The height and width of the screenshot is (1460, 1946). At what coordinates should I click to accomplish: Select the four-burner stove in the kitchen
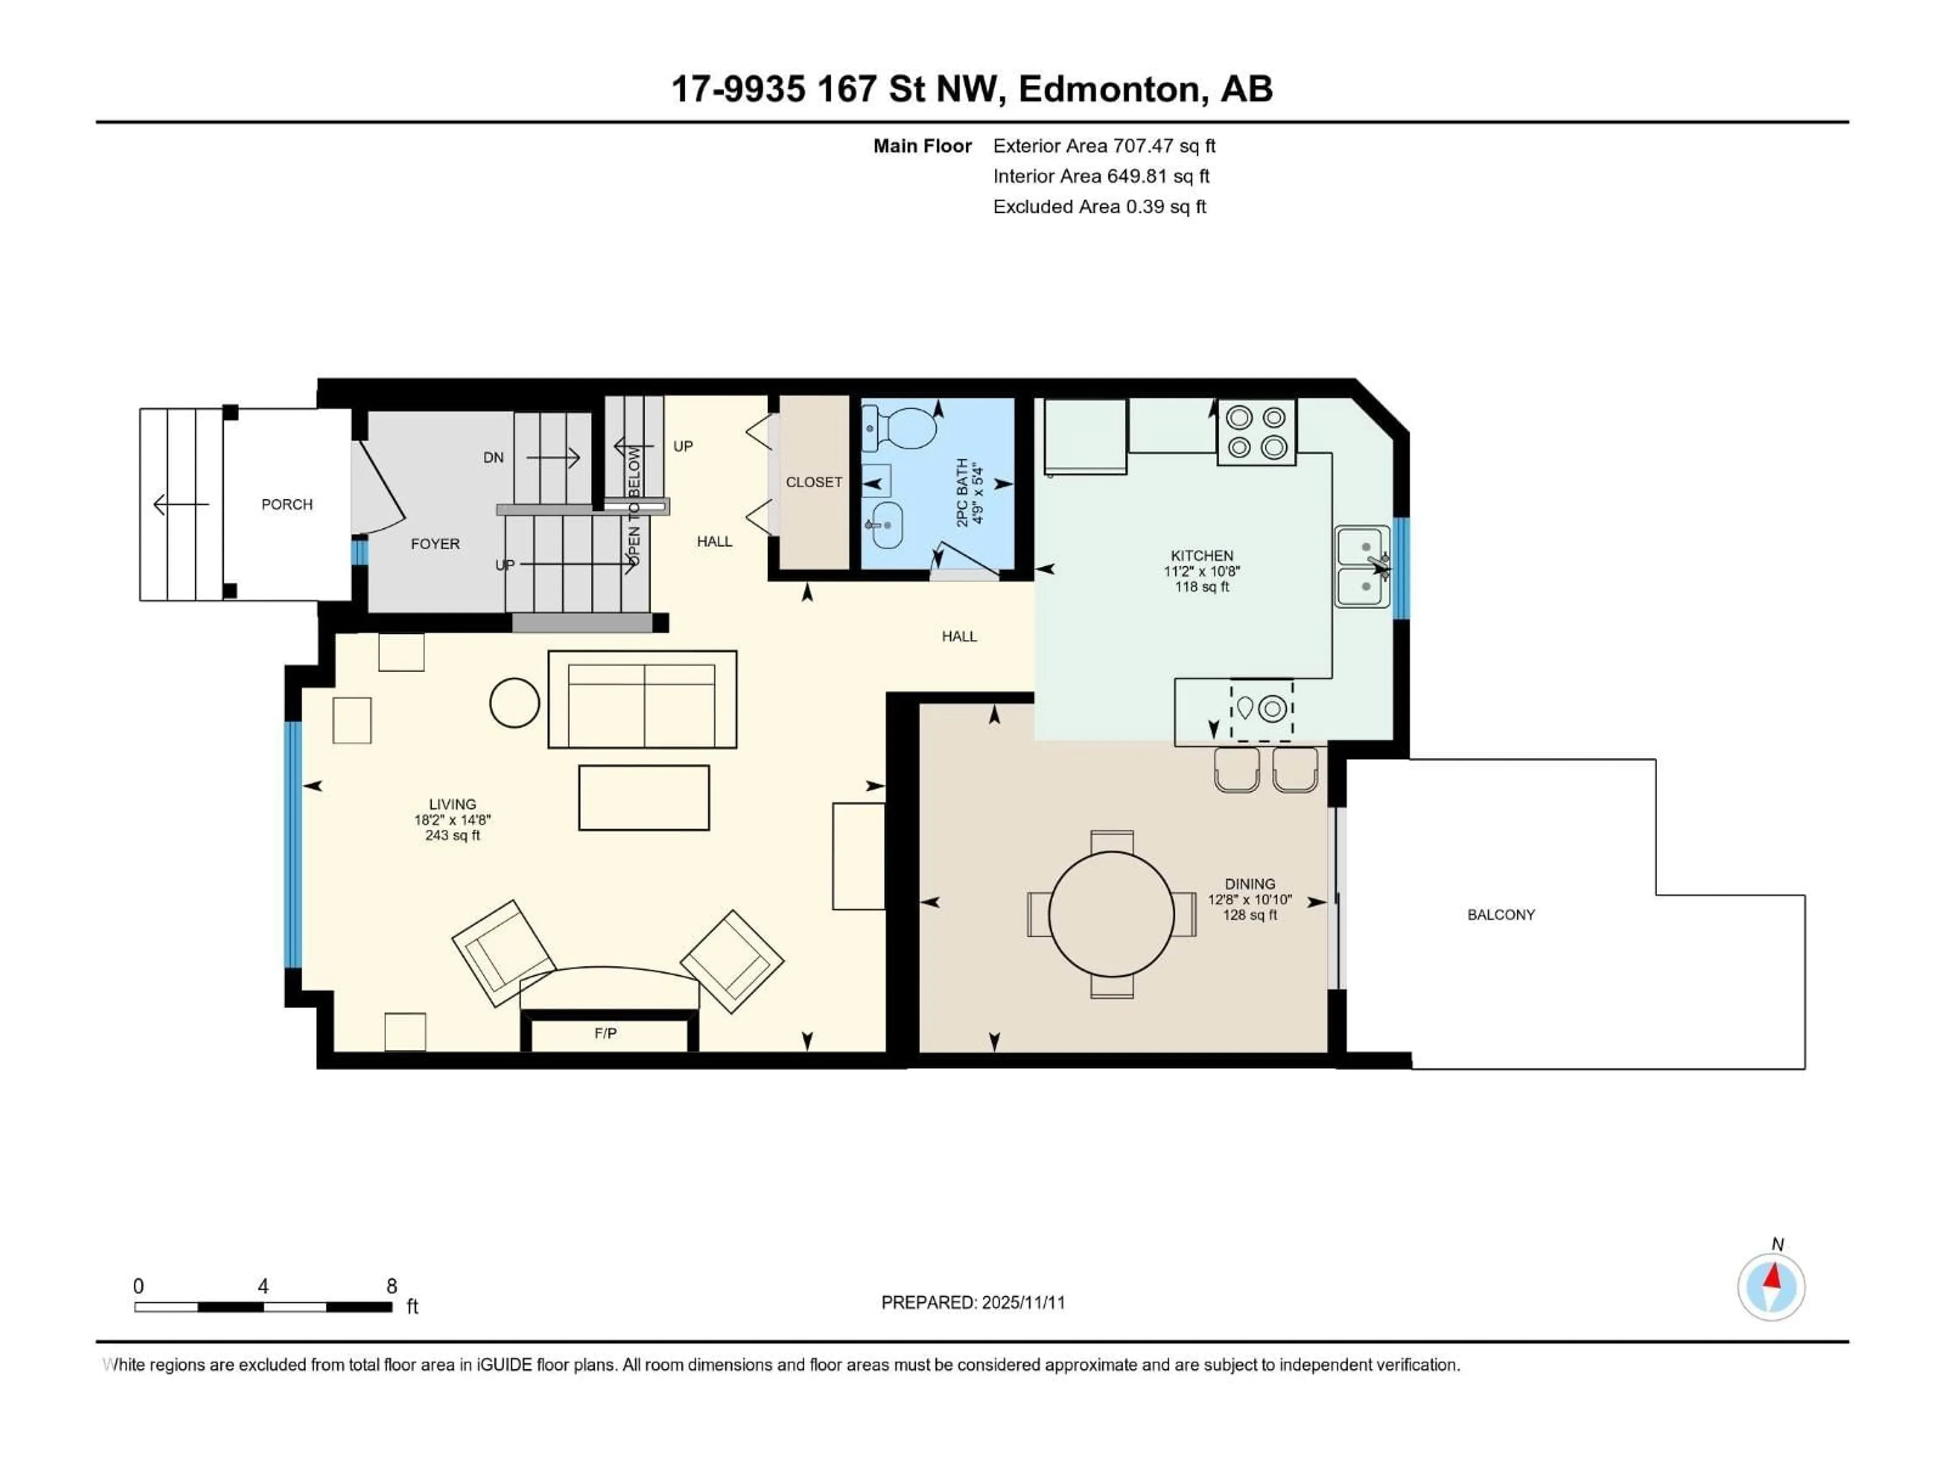(1256, 432)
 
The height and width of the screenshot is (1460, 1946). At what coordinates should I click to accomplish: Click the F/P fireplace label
(605, 1033)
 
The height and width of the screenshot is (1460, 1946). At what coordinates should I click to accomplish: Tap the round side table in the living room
(514, 702)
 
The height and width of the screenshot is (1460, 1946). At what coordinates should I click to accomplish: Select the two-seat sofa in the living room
(642, 700)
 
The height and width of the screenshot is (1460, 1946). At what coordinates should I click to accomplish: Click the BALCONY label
(1501, 915)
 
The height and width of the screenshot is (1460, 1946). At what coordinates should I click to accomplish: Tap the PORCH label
(287, 504)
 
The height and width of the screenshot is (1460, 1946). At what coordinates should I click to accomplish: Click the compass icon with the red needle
(1771, 1287)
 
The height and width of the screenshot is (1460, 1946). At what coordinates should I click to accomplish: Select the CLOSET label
(814, 482)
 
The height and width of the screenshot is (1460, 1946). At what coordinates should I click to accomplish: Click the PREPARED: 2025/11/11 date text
(973, 1302)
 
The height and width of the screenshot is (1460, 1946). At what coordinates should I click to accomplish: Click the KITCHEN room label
(1202, 555)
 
